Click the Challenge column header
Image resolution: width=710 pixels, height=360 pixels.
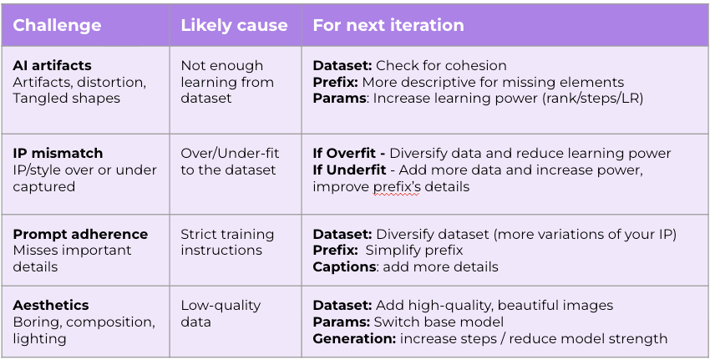tap(57, 25)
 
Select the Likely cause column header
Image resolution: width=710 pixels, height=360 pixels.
tap(234, 25)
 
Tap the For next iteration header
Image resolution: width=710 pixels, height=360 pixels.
tap(388, 25)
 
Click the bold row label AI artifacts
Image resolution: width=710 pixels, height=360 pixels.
tap(52, 66)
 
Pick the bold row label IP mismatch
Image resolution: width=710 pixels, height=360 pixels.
tap(58, 153)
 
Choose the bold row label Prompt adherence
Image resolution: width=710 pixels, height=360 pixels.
tap(80, 234)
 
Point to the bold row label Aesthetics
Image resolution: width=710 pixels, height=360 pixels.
tap(51, 305)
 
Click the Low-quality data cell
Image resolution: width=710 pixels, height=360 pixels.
tap(221, 313)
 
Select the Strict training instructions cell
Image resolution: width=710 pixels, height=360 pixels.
tap(227, 242)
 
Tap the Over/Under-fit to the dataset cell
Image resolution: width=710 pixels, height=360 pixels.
tap(230, 162)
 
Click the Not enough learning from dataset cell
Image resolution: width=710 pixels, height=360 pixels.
tap(227, 82)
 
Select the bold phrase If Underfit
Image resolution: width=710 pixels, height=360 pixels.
tap(349, 170)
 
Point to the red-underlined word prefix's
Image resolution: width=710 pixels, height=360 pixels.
tap(397, 187)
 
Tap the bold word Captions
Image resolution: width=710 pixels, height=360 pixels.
tap(344, 267)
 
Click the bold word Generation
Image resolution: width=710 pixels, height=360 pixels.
tap(354, 339)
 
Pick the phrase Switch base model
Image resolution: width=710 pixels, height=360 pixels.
tap(439, 322)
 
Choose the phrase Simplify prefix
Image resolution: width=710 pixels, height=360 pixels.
tap(413, 251)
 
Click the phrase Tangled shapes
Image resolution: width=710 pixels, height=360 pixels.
tap(66, 99)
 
